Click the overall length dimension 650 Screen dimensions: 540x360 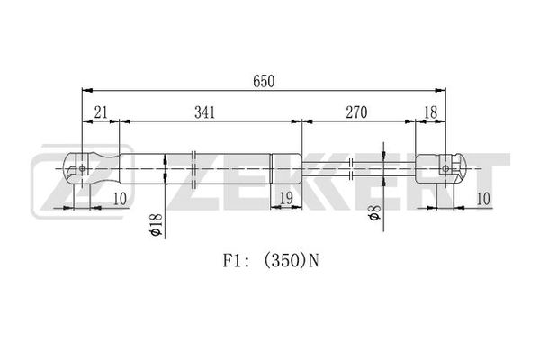tap(264, 81)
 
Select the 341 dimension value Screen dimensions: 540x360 tap(204, 112)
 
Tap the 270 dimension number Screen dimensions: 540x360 tap(356, 112)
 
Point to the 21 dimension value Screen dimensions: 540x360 tap(101, 112)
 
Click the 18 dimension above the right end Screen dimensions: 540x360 tap(431, 112)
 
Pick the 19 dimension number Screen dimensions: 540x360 tap(286, 198)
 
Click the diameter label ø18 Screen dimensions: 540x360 tap(156, 225)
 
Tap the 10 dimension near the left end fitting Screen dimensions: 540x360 tap(120, 199)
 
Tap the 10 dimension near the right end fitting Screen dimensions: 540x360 tap(483, 199)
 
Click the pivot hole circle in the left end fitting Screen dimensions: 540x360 tap(82, 168)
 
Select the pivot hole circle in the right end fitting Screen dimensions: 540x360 tap(445, 168)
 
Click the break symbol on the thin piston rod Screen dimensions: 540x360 tap(351, 169)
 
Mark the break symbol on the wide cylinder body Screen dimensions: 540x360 tap(193, 169)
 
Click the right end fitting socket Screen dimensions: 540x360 tap(441, 169)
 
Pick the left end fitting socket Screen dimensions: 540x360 tap(92, 169)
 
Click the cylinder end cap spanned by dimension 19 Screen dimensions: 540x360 tap(286, 169)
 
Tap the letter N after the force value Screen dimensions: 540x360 tap(314, 261)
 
